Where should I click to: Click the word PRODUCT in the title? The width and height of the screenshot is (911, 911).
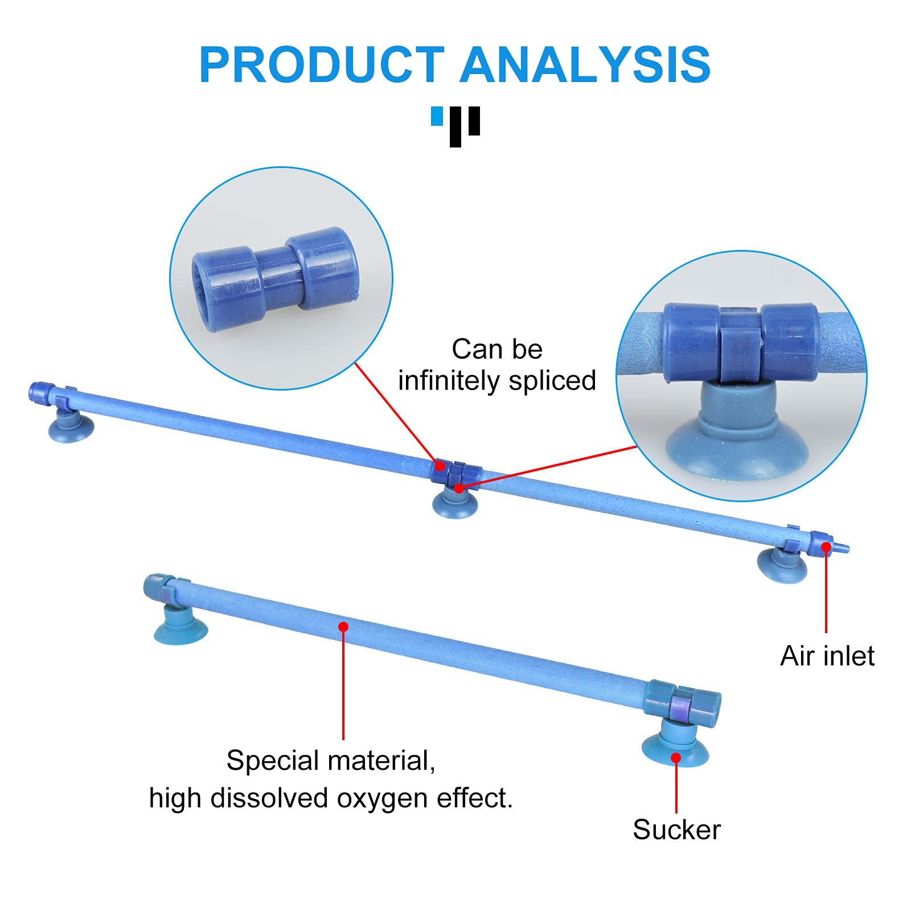coord(322,64)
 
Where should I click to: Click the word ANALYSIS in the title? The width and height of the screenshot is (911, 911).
coord(585,64)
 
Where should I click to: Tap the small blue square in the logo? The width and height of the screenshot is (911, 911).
coord(437,116)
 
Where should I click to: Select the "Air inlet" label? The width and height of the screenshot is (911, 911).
coord(827,656)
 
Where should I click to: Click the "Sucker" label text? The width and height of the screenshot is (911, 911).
coord(676,830)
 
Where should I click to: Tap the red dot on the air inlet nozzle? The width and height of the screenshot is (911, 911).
coord(826,547)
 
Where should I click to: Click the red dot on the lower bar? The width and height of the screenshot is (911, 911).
coord(343,627)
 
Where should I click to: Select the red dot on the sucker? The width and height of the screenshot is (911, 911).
coord(676,758)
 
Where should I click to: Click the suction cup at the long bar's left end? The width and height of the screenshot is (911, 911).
coord(70,425)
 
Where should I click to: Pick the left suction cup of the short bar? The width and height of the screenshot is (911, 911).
coord(180,625)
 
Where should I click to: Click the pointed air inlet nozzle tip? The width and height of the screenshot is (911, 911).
coord(848,549)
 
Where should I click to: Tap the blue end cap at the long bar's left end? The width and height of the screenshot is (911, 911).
coord(42,393)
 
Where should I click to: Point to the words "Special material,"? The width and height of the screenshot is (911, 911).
coord(331,761)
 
